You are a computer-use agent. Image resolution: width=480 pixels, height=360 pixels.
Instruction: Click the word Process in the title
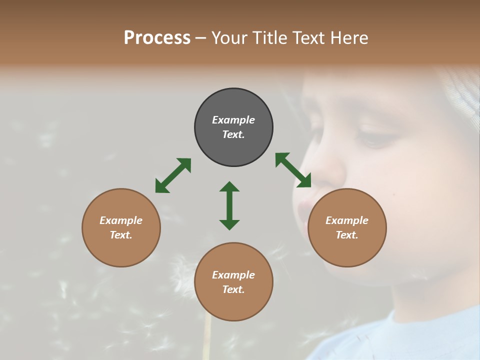pyautogui.click(x=157, y=38)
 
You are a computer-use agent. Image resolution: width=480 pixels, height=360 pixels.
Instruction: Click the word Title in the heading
pyautogui.click(x=269, y=38)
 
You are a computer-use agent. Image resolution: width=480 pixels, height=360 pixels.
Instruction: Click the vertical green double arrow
pyautogui.click(x=229, y=205)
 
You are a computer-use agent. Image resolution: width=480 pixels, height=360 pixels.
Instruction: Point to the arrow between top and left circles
pyautogui.click(x=173, y=175)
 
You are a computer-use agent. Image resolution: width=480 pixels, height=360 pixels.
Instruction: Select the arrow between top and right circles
pyautogui.click(x=293, y=170)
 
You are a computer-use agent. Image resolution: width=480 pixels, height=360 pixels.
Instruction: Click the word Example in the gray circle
pyautogui.click(x=233, y=120)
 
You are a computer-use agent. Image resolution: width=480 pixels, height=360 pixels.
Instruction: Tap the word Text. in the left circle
pyautogui.click(x=121, y=235)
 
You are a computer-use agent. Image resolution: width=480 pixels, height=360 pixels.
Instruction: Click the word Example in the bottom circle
pyautogui.click(x=233, y=275)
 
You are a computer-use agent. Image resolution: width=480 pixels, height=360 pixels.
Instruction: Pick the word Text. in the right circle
pyautogui.click(x=347, y=235)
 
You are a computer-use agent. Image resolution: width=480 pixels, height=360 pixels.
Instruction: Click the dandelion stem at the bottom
pyautogui.click(x=206, y=340)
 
